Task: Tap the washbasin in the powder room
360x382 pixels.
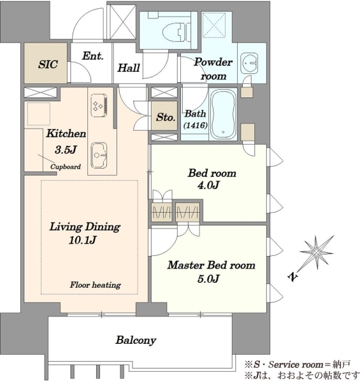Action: pyautogui.click(x=249, y=63)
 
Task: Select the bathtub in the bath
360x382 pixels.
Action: pyautogui.click(x=223, y=114)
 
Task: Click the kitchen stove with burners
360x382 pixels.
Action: pyautogui.click(x=99, y=105)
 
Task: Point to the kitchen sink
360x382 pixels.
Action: pyautogui.click(x=99, y=155)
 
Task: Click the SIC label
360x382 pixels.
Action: pyautogui.click(x=48, y=64)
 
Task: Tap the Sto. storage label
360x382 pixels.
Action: pyautogui.click(x=166, y=117)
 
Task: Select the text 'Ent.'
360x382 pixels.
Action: pyautogui.click(x=92, y=56)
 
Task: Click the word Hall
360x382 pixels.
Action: pyautogui.click(x=129, y=67)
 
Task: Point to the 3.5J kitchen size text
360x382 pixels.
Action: pyautogui.click(x=66, y=150)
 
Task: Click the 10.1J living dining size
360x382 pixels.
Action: pyautogui.click(x=83, y=241)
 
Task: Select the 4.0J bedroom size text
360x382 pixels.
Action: pyautogui.click(x=208, y=185)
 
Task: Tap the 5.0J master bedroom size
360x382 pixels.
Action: pyautogui.click(x=208, y=278)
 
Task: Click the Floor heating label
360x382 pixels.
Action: pyautogui.click(x=96, y=285)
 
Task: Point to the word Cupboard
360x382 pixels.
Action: pyautogui.click(x=66, y=167)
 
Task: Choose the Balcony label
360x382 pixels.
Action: pyautogui.click(x=136, y=340)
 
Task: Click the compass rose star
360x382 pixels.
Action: pyautogui.click(x=317, y=253)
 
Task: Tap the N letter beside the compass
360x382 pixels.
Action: pyautogui.click(x=293, y=277)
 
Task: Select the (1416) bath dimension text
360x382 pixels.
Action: pyautogui.click(x=196, y=125)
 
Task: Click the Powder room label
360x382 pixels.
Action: pyautogui.click(x=213, y=69)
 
